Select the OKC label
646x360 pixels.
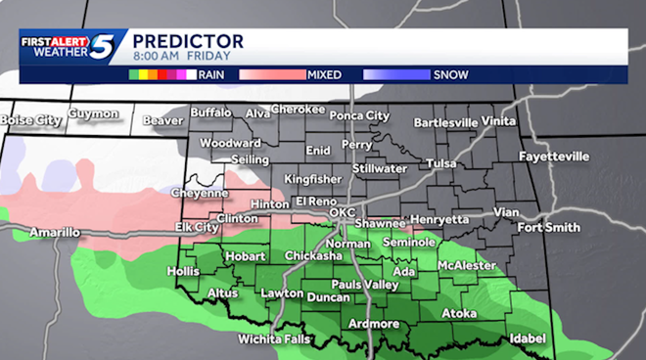[x=342, y=211]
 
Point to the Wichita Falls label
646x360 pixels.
[x=273, y=339]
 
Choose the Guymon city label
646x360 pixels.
[x=93, y=114]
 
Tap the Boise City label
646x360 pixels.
[x=31, y=119]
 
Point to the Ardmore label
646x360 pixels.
[x=373, y=324]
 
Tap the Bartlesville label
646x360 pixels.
[x=445, y=122]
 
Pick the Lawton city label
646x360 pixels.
[x=282, y=292]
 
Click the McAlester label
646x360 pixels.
[x=466, y=264]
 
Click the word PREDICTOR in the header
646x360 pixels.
[x=187, y=41]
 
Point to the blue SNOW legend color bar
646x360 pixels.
[x=395, y=73]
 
